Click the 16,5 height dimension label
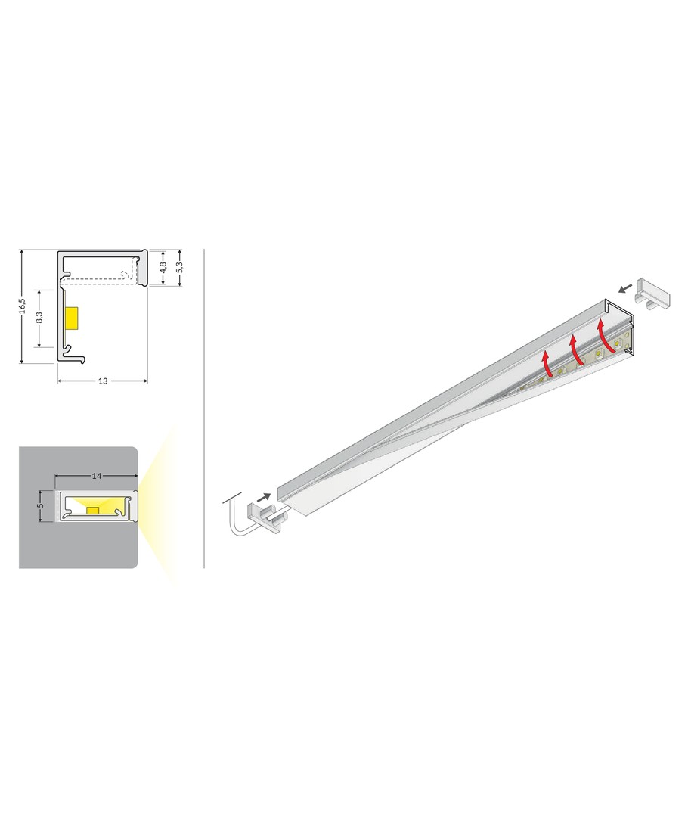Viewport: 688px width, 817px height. [22, 306]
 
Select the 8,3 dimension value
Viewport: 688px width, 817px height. [39, 318]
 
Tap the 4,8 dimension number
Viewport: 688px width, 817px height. [163, 268]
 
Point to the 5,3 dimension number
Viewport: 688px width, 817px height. [180, 267]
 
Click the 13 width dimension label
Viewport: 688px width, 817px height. [103, 381]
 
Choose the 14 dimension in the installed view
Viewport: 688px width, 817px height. [96, 476]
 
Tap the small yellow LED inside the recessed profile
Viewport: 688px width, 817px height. [93, 510]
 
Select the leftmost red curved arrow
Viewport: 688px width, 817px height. [547, 364]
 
